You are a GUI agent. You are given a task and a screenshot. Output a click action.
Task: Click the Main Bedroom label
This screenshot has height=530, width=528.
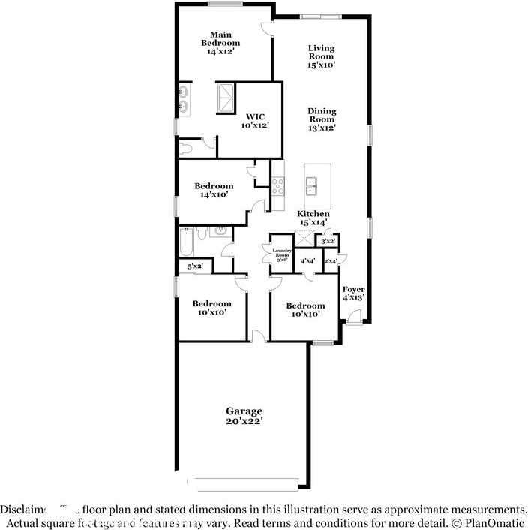220,44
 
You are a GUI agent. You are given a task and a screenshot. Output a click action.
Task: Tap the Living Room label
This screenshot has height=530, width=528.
321,57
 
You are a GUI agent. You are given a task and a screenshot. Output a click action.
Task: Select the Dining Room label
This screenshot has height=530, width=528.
322,119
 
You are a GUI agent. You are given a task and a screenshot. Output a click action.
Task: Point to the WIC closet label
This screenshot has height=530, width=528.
255,121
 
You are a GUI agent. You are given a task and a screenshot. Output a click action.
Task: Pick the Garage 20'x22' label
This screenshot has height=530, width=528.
244,416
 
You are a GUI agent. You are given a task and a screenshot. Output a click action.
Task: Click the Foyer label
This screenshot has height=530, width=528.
353,293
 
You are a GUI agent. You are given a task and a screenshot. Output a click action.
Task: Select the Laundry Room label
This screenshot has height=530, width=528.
281,254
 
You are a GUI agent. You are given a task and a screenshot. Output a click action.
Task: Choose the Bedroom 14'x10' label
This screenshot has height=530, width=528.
214,190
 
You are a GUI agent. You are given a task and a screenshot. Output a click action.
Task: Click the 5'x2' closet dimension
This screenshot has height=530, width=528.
195,266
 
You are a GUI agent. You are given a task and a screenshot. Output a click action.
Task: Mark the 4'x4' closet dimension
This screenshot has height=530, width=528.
307,260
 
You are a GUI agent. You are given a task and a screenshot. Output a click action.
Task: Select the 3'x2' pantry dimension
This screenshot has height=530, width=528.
328,242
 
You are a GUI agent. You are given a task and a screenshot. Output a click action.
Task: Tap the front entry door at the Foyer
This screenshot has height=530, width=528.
352,320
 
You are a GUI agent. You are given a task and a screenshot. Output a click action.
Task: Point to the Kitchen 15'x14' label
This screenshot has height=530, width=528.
314,218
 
